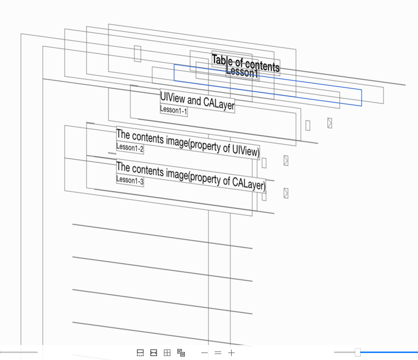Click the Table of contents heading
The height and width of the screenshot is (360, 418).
point(246,63)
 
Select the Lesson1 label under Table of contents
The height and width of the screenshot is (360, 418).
point(242,73)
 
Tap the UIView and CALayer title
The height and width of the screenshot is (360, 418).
point(197,101)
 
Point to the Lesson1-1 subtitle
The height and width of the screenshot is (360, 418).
point(173,110)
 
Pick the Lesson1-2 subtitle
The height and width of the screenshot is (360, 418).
point(130,148)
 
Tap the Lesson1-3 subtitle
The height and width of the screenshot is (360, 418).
point(130,180)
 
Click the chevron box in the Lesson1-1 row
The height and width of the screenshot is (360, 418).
point(330,123)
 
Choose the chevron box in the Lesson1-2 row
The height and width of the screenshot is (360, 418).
point(286,161)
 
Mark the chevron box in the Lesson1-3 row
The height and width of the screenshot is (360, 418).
point(286,193)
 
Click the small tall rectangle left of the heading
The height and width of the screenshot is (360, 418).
point(138,53)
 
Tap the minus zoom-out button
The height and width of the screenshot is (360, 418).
point(204,353)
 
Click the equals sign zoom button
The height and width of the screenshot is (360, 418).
point(218,353)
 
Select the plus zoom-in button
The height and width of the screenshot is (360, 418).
point(232,353)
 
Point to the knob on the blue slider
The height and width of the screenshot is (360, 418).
point(358,353)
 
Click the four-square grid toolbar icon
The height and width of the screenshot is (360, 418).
point(167,353)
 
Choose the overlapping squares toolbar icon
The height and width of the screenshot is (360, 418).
point(181,353)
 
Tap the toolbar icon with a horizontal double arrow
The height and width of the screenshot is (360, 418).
point(154,353)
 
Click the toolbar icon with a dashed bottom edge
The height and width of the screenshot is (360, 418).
point(140,353)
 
